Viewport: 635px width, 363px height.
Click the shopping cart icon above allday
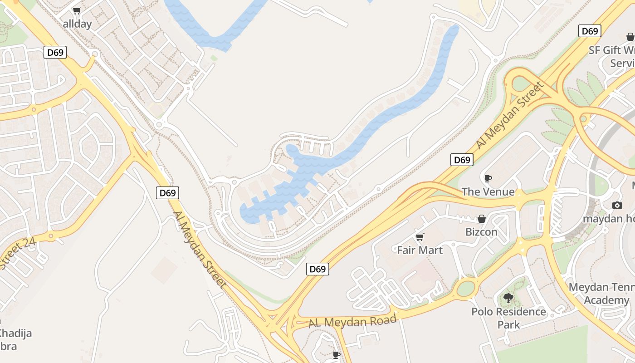pos(77,11)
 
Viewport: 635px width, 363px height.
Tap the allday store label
pos(77,24)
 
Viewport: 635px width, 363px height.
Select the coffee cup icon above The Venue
pos(488,178)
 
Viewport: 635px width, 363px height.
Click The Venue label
pos(488,192)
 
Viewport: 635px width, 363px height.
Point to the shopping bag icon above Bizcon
pos(482,219)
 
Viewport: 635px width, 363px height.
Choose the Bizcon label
pos(481,232)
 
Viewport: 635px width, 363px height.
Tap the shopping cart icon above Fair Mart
pos(420,237)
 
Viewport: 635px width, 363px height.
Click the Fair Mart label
pos(420,250)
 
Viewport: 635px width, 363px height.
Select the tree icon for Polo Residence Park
pos(508,298)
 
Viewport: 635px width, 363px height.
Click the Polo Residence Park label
pos(508,318)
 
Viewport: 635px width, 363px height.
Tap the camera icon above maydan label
pos(617,205)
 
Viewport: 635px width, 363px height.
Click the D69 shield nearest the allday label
pos(55,52)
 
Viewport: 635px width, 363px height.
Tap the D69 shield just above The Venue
pos(462,160)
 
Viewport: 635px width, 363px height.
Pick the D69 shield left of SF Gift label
pos(590,31)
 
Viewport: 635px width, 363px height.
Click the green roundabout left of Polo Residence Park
pos(465,288)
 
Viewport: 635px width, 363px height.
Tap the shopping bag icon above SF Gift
pos(630,37)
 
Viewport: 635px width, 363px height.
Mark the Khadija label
pos(16,334)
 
